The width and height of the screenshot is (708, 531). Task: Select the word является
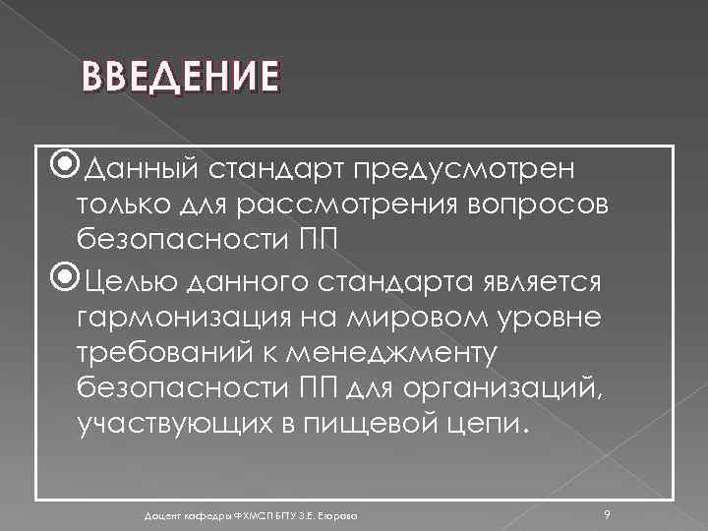[x=534, y=284]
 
